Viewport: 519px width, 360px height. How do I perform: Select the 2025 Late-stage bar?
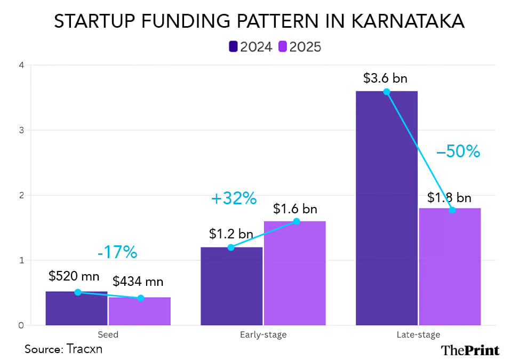(450, 267)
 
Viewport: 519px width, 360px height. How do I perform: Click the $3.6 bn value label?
(385, 78)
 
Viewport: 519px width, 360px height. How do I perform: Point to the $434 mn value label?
(138, 282)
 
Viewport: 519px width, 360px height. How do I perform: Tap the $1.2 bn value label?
(231, 234)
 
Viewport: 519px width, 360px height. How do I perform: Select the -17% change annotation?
(117, 252)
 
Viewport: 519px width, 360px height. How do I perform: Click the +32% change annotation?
(234, 199)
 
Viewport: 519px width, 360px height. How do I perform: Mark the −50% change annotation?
(458, 152)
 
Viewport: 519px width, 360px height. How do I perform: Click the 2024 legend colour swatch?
(233, 47)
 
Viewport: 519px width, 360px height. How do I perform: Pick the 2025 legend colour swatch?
(283, 47)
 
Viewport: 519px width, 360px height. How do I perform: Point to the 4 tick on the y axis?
(20, 66)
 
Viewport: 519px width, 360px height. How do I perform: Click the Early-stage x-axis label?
(263, 335)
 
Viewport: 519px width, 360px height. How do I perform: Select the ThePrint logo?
(470, 350)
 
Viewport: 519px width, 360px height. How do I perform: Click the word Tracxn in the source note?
(84, 349)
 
